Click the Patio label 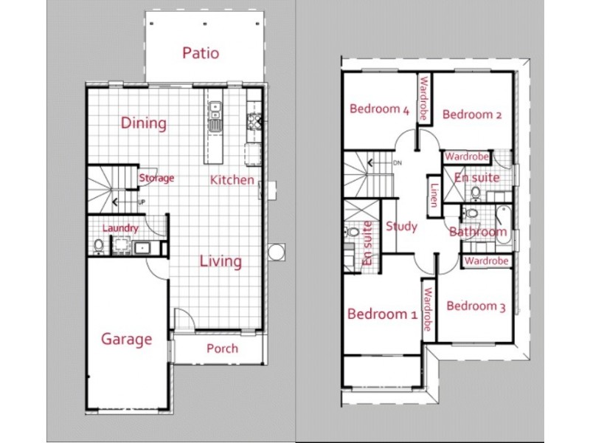pyautogui.click(x=201, y=53)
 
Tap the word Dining pyautogui.click(x=144, y=123)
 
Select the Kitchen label pyautogui.click(x=232, y=179)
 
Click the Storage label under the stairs pyautogui.click(x=156, y=178)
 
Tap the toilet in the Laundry pyautogui.click(x=98, y=246)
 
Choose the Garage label pyautogui.click(x=127, y=340)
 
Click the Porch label pyautogui.click(x=222, y=348)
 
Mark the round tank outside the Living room pyautogui.click(x=276, y=253)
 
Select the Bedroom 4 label pyautogui.click(x=379, y=110)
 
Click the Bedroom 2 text pyautogui.click(x=472, y=114)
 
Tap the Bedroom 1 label pyautogui.click(x=382, y=314)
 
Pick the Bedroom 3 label pyautogui.click(x=476, y=306)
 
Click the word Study pyautogui.click(x=401, y=227)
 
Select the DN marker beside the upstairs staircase pyautogui.click(x=397, y=162)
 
